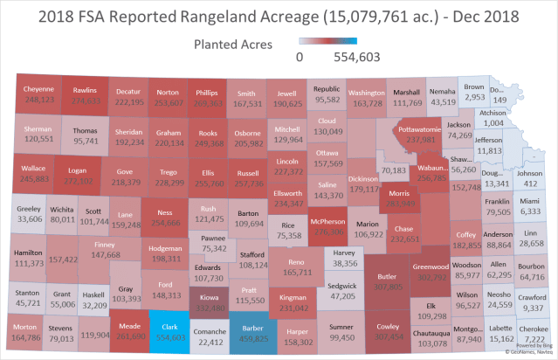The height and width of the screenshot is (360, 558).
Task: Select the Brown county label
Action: coord(474,87)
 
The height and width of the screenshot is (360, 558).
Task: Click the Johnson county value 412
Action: coord(529,184)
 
